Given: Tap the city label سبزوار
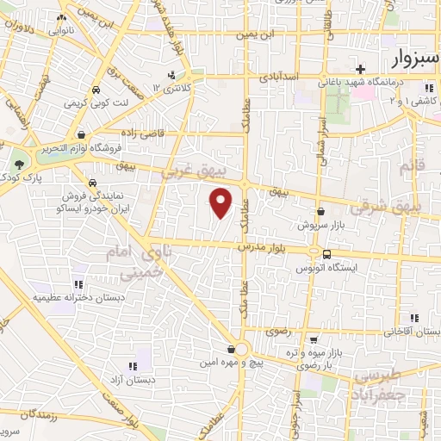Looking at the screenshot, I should pos(401,59).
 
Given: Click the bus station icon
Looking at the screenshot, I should pos(326,253).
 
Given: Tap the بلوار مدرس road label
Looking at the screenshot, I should pos(263,247).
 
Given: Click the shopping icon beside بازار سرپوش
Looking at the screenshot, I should pos(320,212).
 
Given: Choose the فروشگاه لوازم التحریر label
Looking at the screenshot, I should pos(81,148).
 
